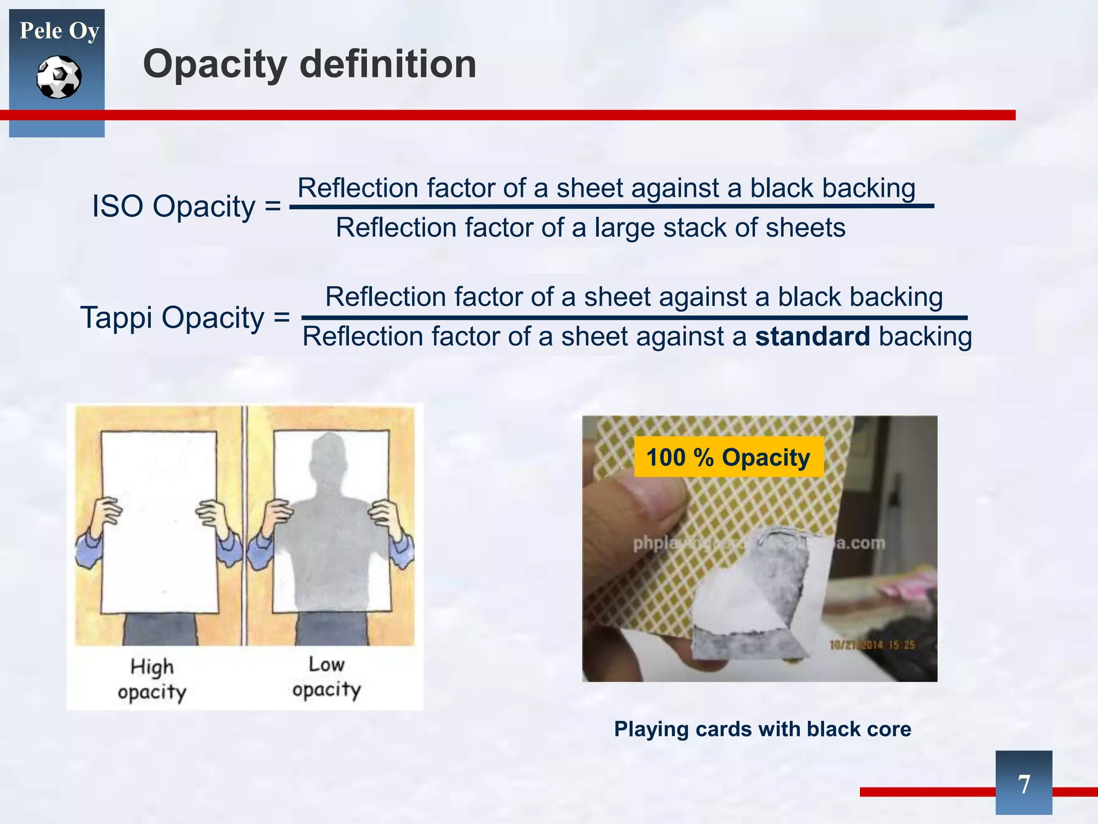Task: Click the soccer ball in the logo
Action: pyautogui.click(x=59, y=77)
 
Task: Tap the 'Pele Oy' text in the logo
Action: pyautogui.click(x=59, y=31)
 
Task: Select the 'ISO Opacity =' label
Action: pyautogui.click(x=186, y=206)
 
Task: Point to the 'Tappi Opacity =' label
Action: pyautogui.click(x=185, y=318)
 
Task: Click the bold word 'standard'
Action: pyautogui.click(x=812, y=337)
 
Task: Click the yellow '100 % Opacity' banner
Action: pyautogui.click(x=728, y=457)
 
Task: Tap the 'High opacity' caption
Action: pyautogui.click(x=152, y=679)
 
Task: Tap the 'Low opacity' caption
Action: pyautogui.click(x=327, y=677)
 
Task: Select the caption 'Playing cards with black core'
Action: pyautogui.click(x=762, y=729)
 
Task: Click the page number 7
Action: pyautogui.click(x=1023, y=784)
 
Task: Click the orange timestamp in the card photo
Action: pyautogui.click(x=871, y=645)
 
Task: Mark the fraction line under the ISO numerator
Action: pyautogui.click(x=611, y=206)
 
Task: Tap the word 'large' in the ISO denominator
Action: pyautogui.click(x=625, y=227)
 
